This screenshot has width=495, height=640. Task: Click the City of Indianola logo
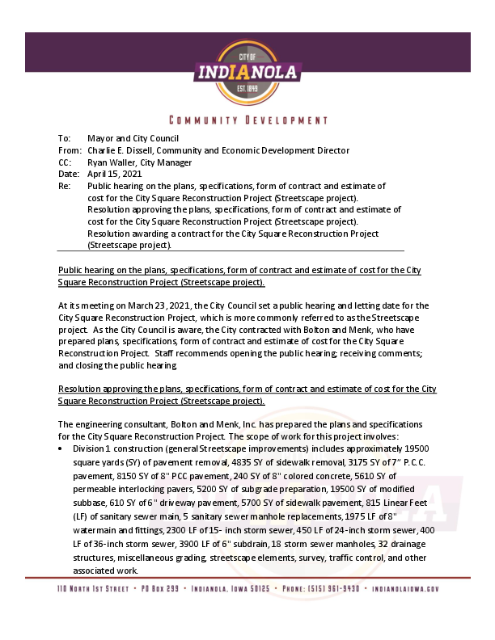[247, 74]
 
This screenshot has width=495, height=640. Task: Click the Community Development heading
[247, 120]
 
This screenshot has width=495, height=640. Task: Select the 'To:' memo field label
[64, 139]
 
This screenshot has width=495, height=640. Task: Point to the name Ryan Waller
[111, 162]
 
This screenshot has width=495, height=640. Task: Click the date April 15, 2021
[114, 174]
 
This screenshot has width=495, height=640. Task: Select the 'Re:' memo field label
[64, 186]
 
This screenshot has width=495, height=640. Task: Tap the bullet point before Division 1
[61, 448]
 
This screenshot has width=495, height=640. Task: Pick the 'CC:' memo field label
[65, 162]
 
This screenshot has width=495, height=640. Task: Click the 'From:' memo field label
[70, 150]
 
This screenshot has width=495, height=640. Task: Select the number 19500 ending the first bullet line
[416, 448]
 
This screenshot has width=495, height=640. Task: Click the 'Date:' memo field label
[69, 174]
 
